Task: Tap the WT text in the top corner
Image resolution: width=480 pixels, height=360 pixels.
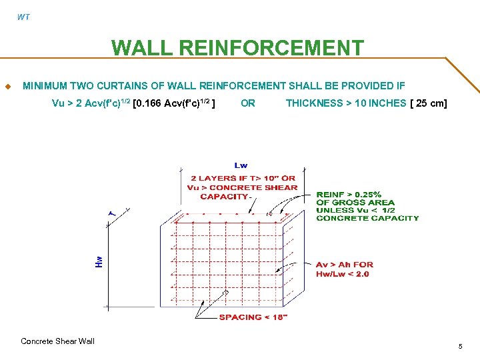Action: click(23, 17)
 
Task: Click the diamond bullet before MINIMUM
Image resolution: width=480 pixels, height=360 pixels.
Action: click(7, 86)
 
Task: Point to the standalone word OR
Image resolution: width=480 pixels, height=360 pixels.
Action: click(248, 103)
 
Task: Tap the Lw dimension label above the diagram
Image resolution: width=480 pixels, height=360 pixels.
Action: click(241, 165)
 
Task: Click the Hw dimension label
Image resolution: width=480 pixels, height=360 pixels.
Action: click(99, 261)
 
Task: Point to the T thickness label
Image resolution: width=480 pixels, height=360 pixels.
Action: click(113, 213)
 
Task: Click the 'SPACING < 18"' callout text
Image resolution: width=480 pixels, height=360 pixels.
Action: click(253, 317)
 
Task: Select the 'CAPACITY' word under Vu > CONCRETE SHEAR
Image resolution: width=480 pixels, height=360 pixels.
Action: click(224, 197)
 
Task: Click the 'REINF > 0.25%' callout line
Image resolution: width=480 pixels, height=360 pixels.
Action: click(349, 195)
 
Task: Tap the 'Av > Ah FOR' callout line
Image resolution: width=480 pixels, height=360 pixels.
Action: click(345, 265)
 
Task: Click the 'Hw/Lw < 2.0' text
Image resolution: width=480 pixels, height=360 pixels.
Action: click(342, 274)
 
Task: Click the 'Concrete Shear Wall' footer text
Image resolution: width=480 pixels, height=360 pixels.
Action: click(57, 341)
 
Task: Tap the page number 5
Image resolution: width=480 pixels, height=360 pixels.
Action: click(460, 346)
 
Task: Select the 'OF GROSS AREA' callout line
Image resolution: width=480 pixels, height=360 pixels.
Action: click(355, 203)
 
